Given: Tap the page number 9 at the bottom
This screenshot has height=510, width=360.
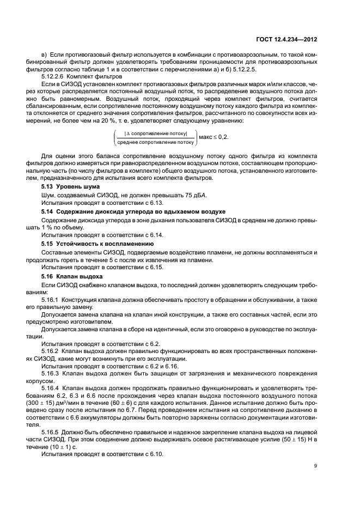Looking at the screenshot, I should pos(316,465).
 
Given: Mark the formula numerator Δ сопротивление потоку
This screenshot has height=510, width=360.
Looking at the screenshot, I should pos(155,133).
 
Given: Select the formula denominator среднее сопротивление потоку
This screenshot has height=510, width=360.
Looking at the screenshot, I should pos(155,142).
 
